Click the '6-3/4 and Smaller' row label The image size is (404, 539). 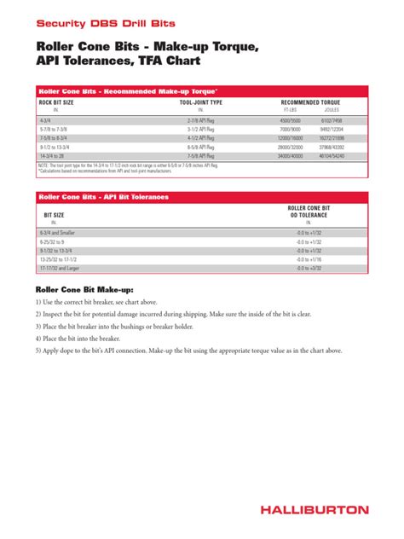coord(56,232)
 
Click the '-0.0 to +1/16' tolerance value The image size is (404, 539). coord(309,259)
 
